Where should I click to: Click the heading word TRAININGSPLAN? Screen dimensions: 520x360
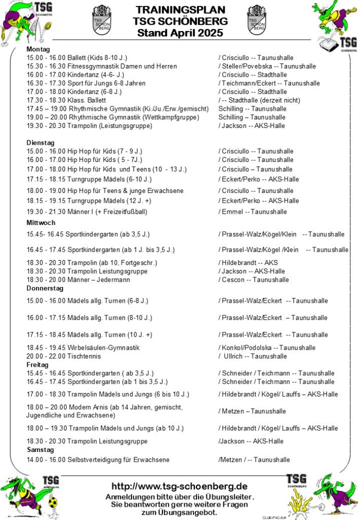pos(180,9)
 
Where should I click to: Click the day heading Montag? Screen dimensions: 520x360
pos(38,49)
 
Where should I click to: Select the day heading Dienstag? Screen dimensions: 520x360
pos(40,143)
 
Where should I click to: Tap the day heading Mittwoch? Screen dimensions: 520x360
pos(41,222)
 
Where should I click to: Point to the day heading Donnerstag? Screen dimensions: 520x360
pos(45,288)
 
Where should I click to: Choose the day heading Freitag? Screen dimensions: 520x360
pos(37,365)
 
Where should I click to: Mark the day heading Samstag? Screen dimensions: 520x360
pos(40,450)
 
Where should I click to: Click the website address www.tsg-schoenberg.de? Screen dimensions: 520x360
pos(179,486)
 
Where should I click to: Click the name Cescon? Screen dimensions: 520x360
pos(234,280)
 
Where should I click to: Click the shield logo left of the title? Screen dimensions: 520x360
pos(102,20)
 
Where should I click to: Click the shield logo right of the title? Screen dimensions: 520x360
pos(256,20)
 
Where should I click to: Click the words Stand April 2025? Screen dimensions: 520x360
pos(180,33)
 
